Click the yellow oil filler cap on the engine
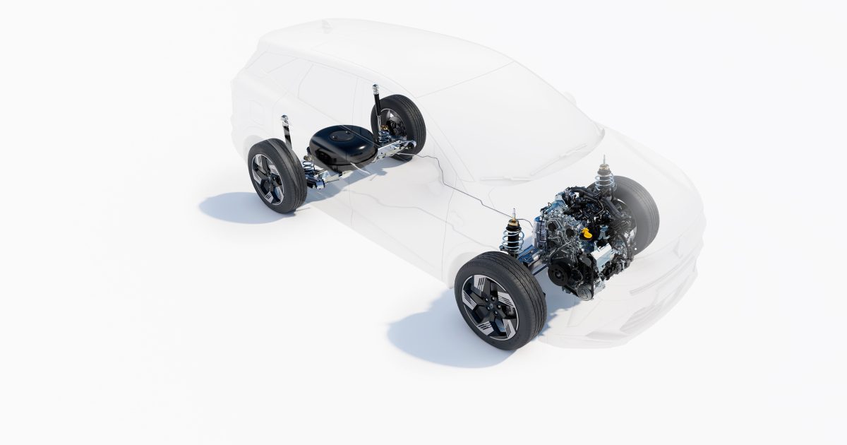point(586,232)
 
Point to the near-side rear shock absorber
point(287,134)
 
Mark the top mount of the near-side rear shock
point(284,118)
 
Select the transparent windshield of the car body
point(508,127)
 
